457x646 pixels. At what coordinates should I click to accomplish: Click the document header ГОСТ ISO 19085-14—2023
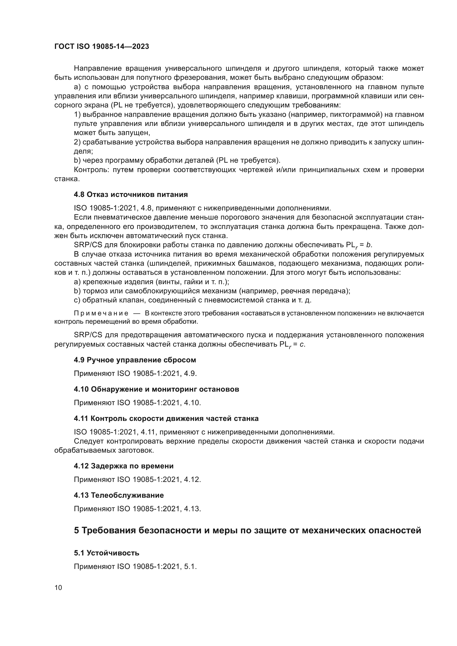(x=102, y=47)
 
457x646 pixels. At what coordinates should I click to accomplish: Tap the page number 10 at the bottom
(x=58, y=588)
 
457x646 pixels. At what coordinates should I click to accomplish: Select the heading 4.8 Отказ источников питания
(x=131, y=195)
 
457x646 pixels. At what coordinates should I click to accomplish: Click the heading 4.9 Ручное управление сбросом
(x=135, y=360)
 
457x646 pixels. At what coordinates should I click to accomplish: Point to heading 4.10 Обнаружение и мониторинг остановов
(x=156, y=389)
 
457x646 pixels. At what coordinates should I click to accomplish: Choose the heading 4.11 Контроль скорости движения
(x=166, y=419)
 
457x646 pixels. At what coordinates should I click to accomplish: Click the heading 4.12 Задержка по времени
(x=124, y=466)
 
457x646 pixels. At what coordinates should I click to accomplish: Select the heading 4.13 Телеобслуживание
(x=119, y=495)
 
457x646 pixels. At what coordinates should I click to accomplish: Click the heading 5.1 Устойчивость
(x=106, y=553)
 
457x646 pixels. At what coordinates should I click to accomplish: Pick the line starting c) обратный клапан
(x=193, y=300)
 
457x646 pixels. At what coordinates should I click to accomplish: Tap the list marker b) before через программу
(x=77, y=161)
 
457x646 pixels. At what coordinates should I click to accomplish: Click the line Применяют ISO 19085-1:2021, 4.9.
(x=135, y=374)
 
